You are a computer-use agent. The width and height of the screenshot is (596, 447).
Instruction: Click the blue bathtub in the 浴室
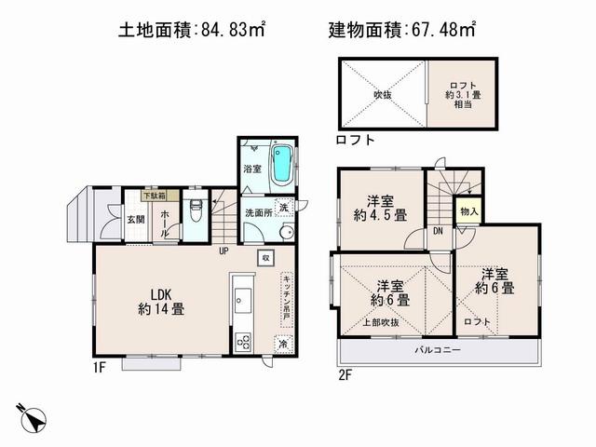click(280, 167)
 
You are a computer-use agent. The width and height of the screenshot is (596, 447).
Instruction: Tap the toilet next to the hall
click(195, 209)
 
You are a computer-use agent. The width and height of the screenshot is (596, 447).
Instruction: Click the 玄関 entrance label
click(136, 220)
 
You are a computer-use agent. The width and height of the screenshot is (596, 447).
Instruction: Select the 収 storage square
click(265, 257)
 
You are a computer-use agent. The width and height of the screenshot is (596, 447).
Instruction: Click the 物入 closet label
click(469, 212)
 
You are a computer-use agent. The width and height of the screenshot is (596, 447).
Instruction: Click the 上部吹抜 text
click(382, 322)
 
